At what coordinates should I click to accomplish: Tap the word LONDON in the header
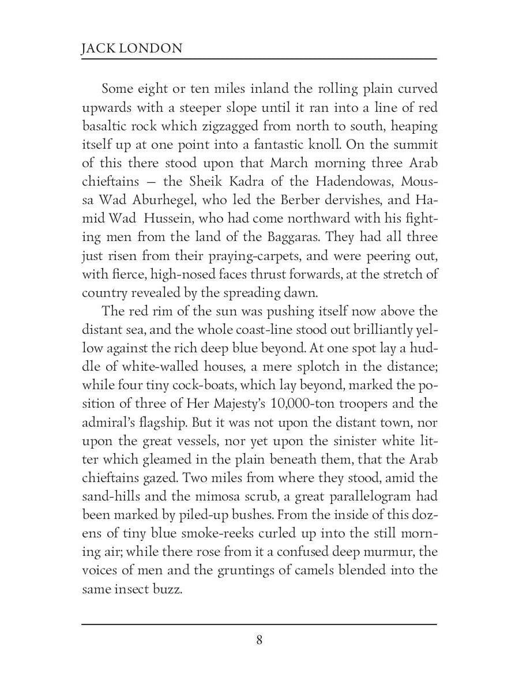(x=152, y=48)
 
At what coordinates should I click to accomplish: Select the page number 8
(x=259, y=640)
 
